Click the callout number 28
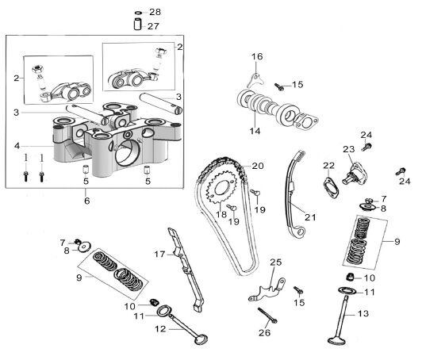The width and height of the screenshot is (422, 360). [x=155, y=12]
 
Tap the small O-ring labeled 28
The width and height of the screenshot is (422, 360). [x=139, y=13]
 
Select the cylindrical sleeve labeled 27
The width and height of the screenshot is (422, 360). [x=138, y=25]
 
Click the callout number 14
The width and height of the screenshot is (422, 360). [x=255, y=131]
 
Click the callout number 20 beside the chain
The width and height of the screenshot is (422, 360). [x=257, y=166]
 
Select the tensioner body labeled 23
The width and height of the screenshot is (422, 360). [x=352, y=173]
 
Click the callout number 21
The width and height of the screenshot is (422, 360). [x=310, y=216]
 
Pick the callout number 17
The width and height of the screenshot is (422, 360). [x=159, y=254]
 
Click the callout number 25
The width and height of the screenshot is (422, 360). [x=276, y=262]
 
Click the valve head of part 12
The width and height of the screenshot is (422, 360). [x=201, y=339]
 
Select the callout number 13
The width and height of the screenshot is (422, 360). [x=363, y=313]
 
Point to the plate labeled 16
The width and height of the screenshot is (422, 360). [x=255, y=80]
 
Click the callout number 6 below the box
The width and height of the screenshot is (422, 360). [x=86, y=201]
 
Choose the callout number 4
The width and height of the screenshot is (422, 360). [x=17, y=146]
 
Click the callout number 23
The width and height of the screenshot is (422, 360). [x=349, y=149]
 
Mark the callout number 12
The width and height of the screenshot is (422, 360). [x=160, y=329]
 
